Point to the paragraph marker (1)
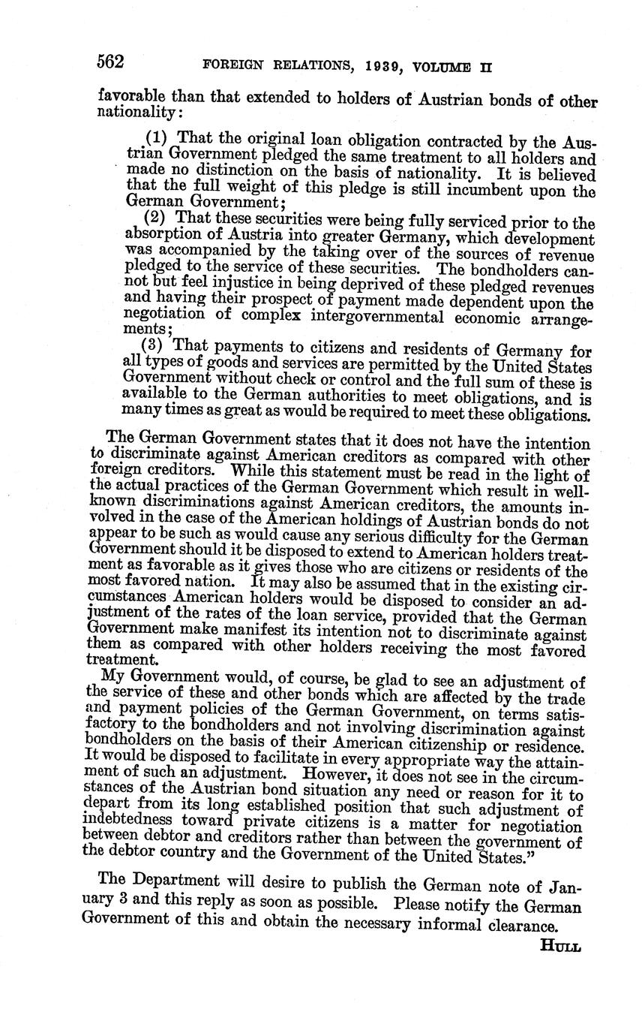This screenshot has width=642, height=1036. click(x=156, y=138)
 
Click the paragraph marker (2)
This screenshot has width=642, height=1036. click(x=154, y=218)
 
